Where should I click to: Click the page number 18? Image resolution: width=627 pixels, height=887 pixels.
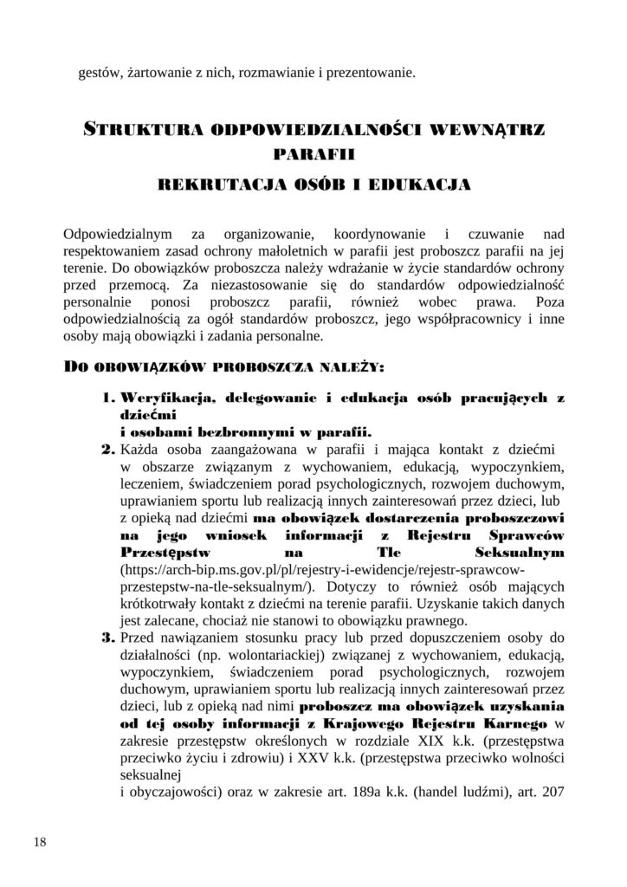41,841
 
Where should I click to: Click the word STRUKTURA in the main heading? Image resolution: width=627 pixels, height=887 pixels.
142,131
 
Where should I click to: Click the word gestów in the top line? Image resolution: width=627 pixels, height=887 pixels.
98,73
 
